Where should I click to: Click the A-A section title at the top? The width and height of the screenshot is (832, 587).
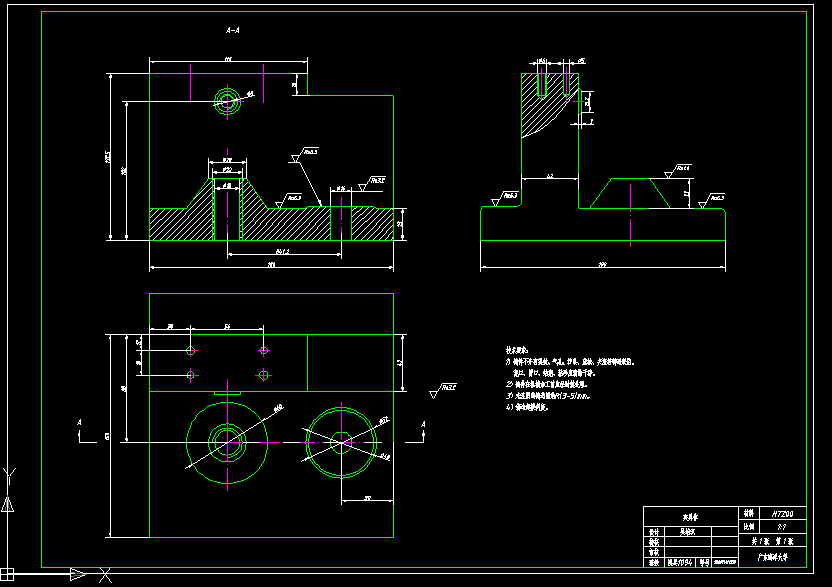(233, 31)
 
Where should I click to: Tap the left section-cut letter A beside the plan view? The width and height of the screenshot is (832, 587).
(79, 424)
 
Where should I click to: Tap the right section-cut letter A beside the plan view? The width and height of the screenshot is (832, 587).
(423, 425)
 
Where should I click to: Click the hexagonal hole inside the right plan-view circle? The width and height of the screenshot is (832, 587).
(341, 440)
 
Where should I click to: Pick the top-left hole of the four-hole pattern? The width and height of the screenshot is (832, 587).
(191, 350)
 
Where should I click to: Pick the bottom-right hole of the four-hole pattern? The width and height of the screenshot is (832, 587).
(264, 375)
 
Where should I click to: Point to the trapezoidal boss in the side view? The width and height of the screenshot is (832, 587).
(631, 192)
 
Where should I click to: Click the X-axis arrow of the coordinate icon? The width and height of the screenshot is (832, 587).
(78, 574)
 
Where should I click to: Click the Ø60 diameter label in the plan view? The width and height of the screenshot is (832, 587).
(278, 407)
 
